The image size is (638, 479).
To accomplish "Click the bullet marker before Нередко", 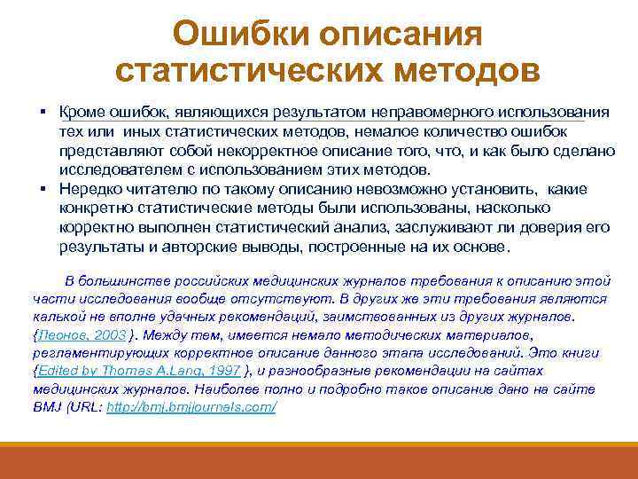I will [42, 188].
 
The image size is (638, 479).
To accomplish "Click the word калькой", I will [58, 317].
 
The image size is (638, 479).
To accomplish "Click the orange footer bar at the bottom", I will [319, 461].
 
